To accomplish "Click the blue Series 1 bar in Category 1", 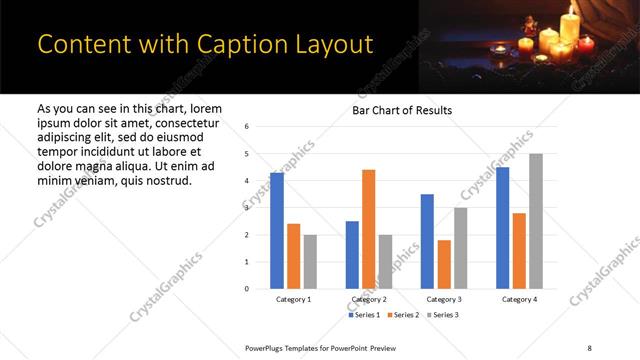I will tap(277, 231).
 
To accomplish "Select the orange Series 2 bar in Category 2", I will tap(369, 229).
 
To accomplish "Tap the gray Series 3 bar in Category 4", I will tap(536, 221).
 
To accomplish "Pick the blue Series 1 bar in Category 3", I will tap(428, 241).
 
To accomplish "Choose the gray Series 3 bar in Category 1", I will tap(310, 262).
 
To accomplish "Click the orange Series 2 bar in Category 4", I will tap(519, 251).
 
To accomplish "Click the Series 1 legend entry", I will tap(365, 315).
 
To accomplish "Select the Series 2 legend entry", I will tap(404, 315).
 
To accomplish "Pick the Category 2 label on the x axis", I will tap(369, 300).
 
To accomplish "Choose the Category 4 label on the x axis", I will tap(519, 300).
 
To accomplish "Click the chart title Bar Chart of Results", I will tap(402, 110).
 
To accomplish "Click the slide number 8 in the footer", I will tap(588, 347).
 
